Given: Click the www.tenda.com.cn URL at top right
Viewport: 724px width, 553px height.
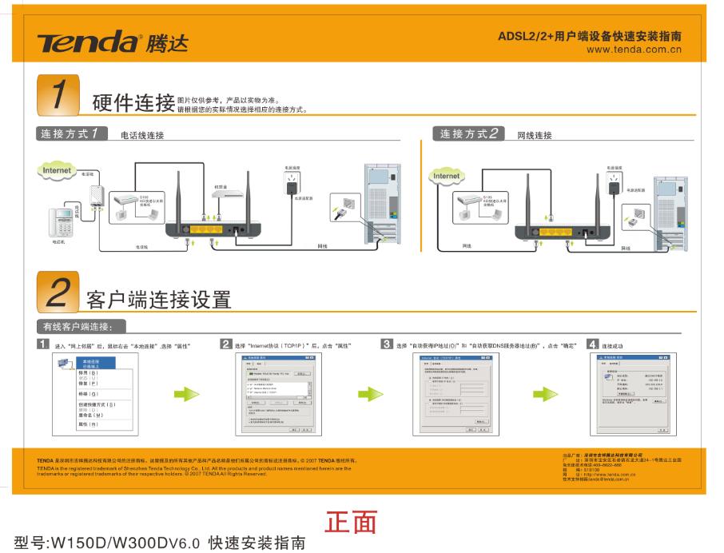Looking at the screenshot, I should click(x=634, y=50).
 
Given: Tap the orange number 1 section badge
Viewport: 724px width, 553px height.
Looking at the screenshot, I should click(x=58, y=96).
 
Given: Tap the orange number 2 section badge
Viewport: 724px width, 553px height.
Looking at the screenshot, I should click(x=58, y=292).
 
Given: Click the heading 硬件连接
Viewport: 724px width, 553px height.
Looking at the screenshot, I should click(x=133, y=103).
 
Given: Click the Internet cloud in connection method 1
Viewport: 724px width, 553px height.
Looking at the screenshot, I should click(x=56, y=170).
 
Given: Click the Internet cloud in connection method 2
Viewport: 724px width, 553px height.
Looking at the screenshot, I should click(x=446, y=176).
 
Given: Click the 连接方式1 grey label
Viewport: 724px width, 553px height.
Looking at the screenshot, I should click(x=73, y=133).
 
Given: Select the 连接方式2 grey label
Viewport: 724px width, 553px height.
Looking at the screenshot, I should click(x=469, y=133).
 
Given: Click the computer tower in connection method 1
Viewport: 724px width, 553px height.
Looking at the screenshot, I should click(x=383, y=204).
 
